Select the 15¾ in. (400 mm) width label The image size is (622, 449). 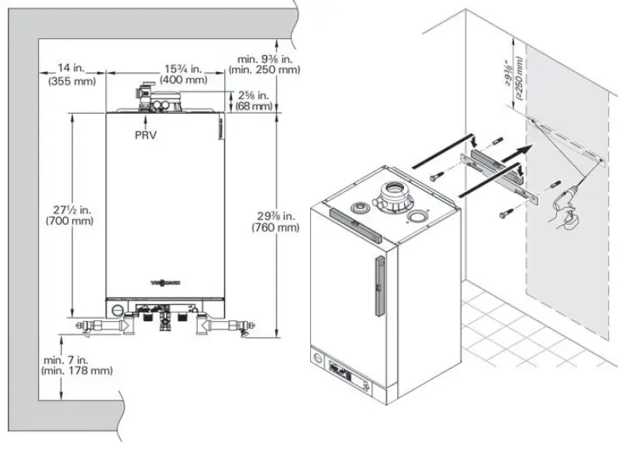(x=184, y=74)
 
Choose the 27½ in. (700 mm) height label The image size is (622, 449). (x=70, y=215)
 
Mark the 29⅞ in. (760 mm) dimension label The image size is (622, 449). (x=275, y=221)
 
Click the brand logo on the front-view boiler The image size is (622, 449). (x=167, y=283)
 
